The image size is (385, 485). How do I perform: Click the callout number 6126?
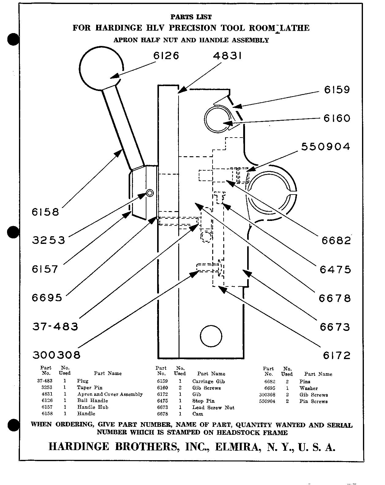pos(166,56)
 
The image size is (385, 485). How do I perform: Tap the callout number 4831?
pos(227,56)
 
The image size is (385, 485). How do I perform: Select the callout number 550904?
pos(326,146)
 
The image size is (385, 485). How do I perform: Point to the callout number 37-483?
pos(55,326)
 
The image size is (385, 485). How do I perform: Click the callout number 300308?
pos(56,355)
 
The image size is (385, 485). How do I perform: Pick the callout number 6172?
pos(337,355)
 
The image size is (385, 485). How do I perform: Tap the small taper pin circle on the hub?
pos(150,193)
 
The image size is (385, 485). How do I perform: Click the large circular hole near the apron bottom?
pos(211,336)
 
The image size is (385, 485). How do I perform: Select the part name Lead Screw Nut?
pos(213,407)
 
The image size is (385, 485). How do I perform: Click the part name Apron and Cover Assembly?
pos(110,394)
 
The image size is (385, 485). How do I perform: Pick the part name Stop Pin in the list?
pos(203,401)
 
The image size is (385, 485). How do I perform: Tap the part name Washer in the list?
pos(308,388)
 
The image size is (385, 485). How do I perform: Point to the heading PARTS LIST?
pos(191,17)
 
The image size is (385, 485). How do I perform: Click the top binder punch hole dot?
pos(13,40)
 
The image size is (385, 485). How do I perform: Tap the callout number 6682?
pos(336,241)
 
